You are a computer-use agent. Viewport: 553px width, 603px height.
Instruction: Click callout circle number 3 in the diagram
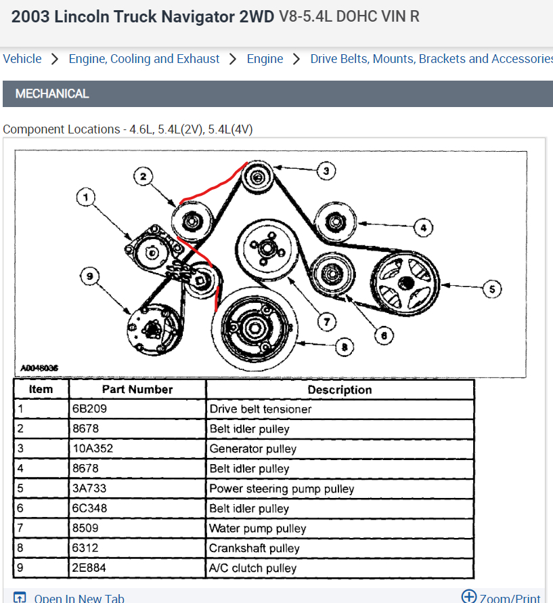point(326,171)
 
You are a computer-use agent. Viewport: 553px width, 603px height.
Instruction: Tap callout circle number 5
point(491,289)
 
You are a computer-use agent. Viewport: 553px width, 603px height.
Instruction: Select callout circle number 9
point(89,276)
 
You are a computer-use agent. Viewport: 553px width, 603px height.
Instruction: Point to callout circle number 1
point(86,197)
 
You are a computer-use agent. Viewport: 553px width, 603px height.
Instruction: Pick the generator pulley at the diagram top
point(258,178)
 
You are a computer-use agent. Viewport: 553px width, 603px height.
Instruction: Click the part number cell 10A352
point(137,449)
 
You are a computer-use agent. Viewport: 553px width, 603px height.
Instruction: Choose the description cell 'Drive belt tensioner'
point(340,409)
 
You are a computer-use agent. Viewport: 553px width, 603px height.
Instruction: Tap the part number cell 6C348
point(137,508)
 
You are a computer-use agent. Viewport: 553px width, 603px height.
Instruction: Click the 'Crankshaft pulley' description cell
point(340,548)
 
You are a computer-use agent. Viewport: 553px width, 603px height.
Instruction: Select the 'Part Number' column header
point(137,390)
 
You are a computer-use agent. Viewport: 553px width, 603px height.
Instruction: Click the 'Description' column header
point(340,390)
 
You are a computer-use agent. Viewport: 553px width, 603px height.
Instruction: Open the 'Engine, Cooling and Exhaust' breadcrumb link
point(144,59)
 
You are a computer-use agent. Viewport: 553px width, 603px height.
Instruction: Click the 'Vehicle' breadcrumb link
point(22,59)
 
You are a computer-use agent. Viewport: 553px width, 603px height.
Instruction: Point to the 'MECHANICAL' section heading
point(52,93)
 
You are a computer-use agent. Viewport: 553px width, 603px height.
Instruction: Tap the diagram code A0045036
point(39,368)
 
